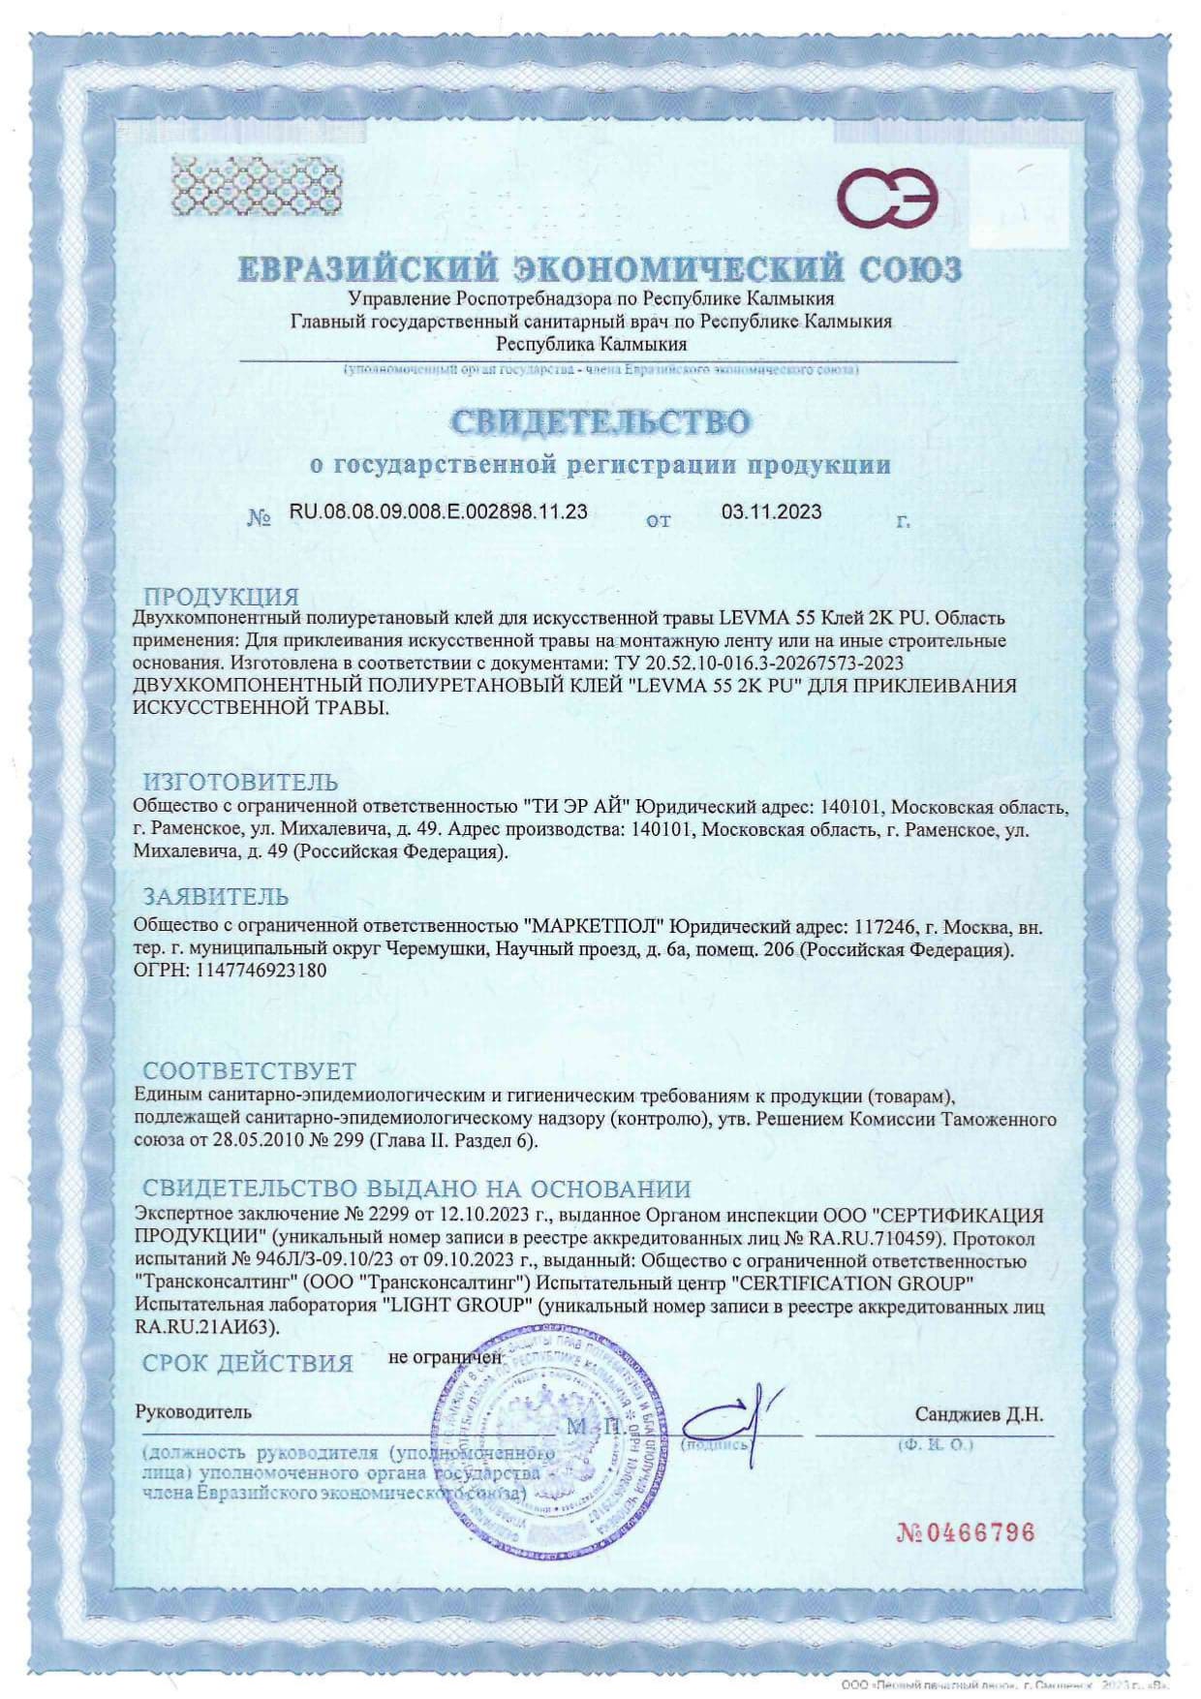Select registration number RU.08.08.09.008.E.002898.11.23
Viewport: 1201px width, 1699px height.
438,511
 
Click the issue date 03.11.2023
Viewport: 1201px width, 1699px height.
771,511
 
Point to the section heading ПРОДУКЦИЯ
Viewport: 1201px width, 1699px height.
221,597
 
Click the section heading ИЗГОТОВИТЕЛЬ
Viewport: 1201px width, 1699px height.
240,782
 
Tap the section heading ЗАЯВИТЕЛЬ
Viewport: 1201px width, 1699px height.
215,897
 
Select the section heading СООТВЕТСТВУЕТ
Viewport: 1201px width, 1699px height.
250,1071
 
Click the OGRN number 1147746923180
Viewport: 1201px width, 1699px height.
261,970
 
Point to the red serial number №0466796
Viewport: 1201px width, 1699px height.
966,1532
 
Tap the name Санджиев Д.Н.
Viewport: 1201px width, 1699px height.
978,1414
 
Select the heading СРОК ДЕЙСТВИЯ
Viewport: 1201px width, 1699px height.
247,1364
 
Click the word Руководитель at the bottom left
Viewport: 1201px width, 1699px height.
193,1412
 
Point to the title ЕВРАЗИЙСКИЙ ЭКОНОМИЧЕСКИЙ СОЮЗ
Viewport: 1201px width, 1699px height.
600,269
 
